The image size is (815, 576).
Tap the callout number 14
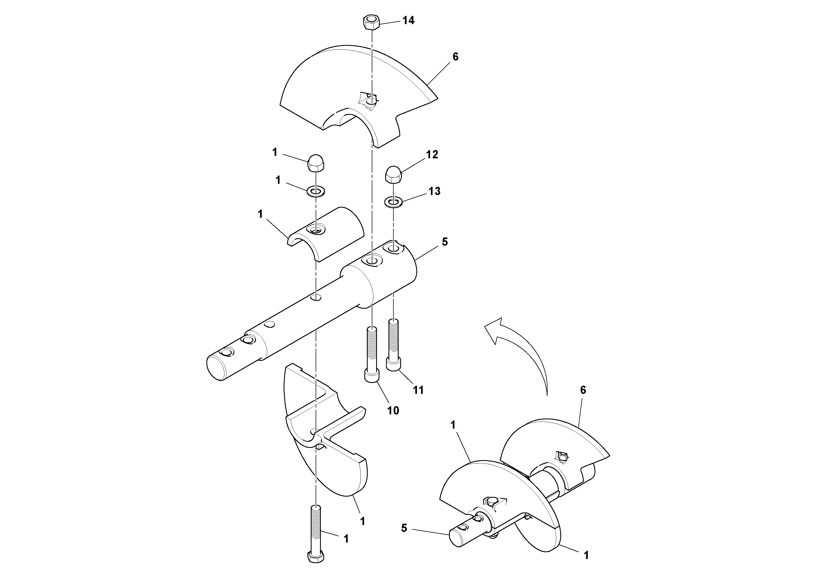coord(408,21)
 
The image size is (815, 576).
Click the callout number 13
coord(434,191)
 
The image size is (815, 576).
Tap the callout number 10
coord(393,411)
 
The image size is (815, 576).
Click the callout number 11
coord(418,390)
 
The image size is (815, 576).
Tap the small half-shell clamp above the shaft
coord(325,234)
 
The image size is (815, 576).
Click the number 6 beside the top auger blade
coord(456,57)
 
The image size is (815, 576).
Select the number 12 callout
coord(432,154)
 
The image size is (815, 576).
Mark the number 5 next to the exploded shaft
coord(445,242)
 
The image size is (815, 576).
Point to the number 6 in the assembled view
coord(583,390)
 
